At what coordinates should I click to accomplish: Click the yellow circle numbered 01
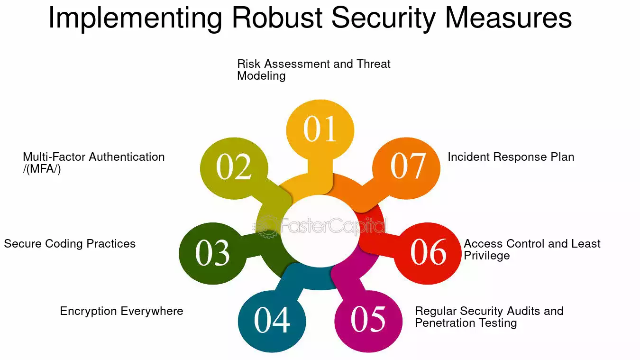coord(320,130)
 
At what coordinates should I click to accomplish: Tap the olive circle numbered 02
coord(234,168)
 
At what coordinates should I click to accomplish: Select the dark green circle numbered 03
coord(213,253)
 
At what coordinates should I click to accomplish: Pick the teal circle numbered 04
coord(272,321)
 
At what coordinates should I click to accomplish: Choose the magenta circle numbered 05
coord(368,321)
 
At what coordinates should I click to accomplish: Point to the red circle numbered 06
coord(428,253)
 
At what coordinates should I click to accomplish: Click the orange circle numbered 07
coord(406,168)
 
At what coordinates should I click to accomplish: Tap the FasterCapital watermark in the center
coord(320,226)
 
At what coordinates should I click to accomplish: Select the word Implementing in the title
coord(135,19)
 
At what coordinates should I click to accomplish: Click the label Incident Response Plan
coord(511,157)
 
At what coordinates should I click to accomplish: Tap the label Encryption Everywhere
coord(121,311)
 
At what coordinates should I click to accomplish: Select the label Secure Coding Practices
coord(70,244)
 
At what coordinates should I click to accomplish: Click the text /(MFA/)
coord(42,169)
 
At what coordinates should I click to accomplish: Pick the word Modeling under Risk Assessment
coord(261,76)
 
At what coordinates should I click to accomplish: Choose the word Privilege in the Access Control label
coord(486,255)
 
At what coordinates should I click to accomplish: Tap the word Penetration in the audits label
coord(445,323)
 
